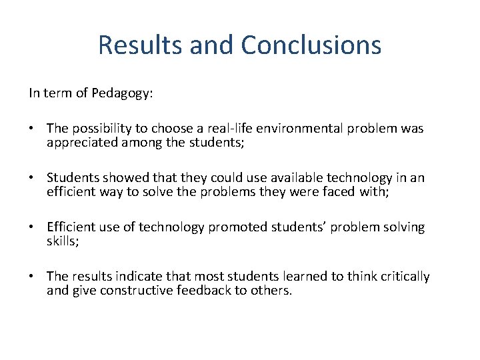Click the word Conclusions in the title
click(311, 45)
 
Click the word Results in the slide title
click(139, 45)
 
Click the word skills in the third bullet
click(62, 241)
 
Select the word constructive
click(137, 290)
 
